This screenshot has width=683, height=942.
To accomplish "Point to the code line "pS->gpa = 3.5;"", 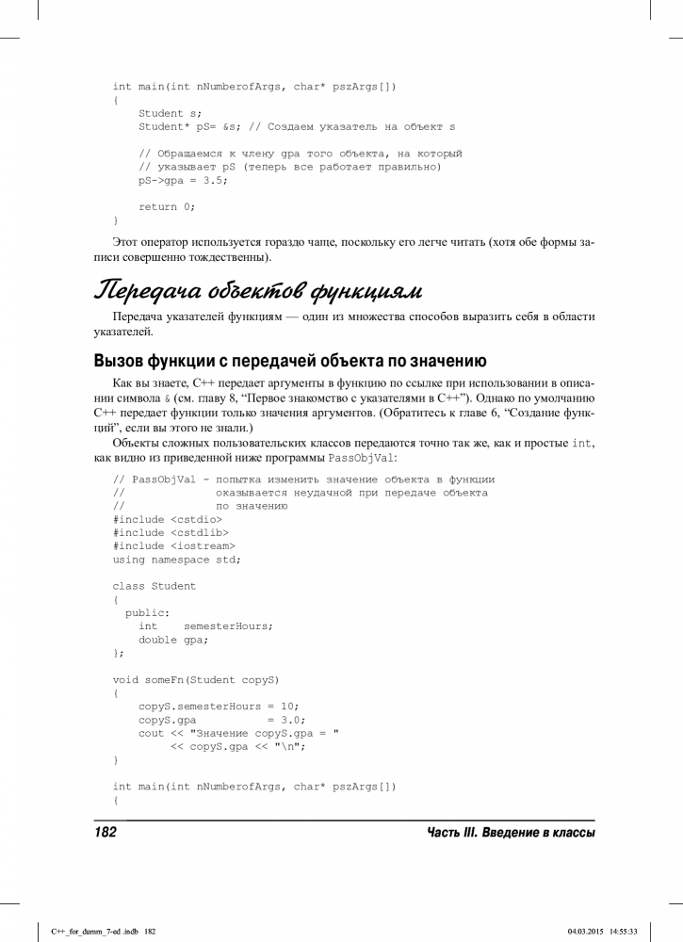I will [183, 179].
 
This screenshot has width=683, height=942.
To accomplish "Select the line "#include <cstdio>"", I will [168, 519].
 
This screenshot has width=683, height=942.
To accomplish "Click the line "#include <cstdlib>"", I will [171, 532].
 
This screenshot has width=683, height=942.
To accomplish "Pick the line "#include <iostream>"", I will [173, 545].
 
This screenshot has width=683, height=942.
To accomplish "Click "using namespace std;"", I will [176, 559].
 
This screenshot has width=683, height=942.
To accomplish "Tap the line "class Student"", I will [154, 586].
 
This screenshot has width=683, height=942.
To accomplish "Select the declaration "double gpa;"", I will [173, 639].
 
